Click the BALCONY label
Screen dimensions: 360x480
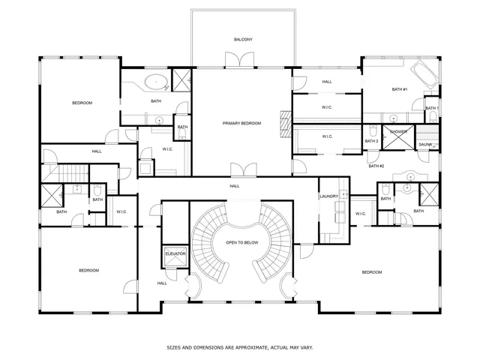242,39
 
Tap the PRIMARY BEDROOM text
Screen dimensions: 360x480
241,123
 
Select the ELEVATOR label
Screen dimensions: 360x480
175,253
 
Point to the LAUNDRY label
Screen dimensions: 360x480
328,196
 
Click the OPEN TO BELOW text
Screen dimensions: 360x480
241,243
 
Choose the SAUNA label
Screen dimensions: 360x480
424,144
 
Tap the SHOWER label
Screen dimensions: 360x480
398,131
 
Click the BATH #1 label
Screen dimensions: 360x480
399,89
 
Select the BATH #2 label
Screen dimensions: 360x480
376,166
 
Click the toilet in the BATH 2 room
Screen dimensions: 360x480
372,130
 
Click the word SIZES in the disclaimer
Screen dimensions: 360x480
174,348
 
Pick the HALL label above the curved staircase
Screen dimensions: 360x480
235,185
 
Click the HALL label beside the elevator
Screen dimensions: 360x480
162,283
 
